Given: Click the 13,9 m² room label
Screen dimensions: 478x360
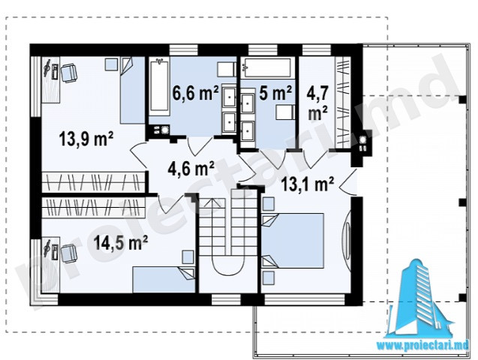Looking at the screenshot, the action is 86,139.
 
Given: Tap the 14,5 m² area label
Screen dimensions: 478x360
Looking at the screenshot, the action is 121,243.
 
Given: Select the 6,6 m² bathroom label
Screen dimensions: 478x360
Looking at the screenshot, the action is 195,93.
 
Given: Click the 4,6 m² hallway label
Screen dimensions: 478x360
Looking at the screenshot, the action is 191,169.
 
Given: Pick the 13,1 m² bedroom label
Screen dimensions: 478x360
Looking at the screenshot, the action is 308,184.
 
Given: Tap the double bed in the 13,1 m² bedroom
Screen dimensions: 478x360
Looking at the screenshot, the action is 293,241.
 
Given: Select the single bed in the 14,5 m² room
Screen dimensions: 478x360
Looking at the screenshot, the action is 164,280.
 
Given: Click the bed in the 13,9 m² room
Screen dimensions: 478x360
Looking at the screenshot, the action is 132,90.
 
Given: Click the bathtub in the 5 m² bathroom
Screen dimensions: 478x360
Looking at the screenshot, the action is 266,67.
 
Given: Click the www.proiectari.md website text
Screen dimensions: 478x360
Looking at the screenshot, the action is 423,345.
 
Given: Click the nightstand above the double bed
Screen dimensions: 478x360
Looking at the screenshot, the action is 269,204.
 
